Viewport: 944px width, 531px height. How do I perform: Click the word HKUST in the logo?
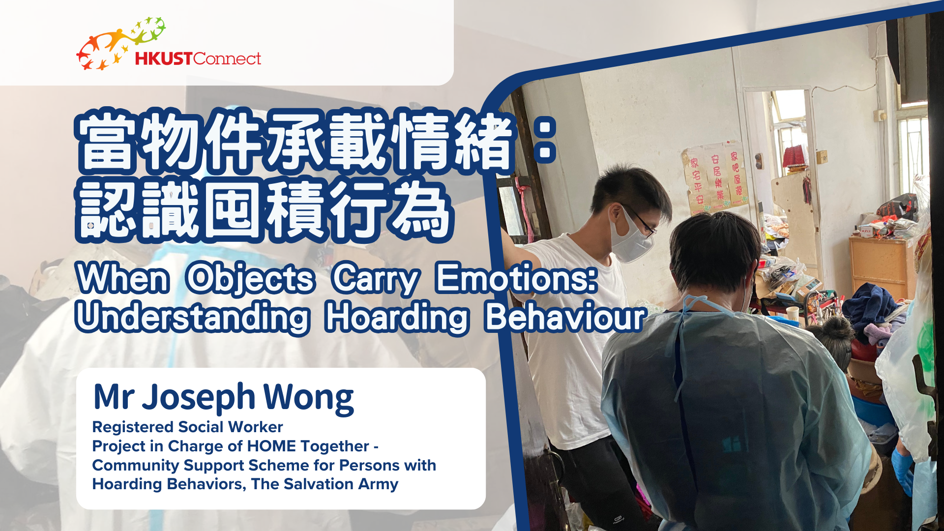pyautogui.click(x=163, y=59)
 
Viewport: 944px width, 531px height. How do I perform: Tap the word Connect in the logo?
pyautogui.click(x=227, y=59)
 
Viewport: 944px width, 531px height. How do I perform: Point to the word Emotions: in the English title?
pyautogui.click(x=516, y=278)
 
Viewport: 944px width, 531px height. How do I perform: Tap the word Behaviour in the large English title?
pyautogui.click(x=564, y=317)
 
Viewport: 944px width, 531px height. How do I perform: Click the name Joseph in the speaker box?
pyautogui.click(x=199, y=397)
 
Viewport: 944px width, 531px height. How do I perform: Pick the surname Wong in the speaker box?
pyautogui.click(x=309, y=397)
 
